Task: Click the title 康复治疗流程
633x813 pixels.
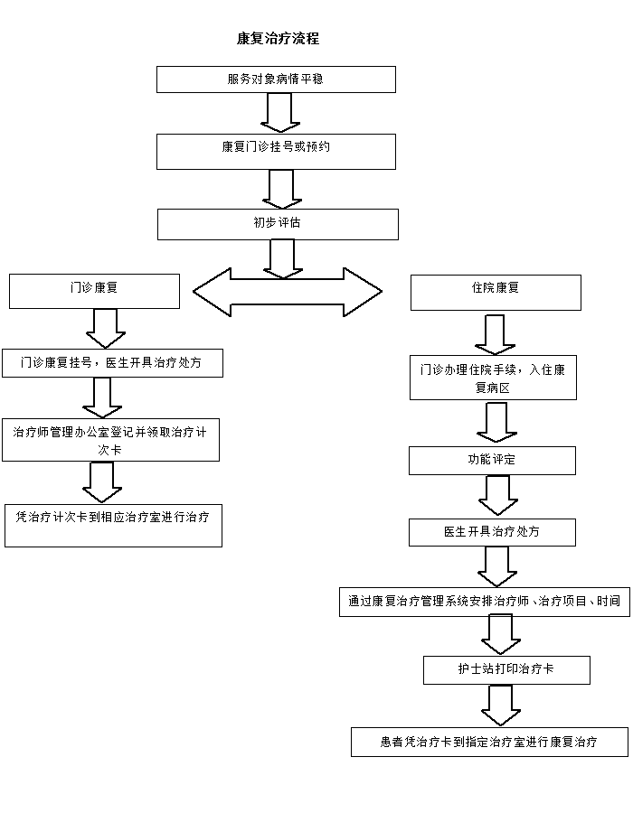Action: [278, 39]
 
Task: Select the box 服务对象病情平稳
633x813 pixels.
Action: [276, 79]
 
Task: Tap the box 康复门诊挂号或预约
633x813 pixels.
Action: [276, 152]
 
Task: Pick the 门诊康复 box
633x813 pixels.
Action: [95, 291]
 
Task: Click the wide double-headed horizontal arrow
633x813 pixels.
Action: [288, 292]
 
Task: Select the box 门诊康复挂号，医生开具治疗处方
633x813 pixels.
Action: [112, 363]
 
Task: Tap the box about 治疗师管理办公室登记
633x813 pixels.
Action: [110, 440]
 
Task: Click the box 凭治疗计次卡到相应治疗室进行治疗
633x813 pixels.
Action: [113, 525]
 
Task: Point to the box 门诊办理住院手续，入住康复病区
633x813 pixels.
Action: [493, 378]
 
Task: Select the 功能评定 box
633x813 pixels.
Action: [492, 460]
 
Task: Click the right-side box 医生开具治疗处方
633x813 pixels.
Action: [492, 532]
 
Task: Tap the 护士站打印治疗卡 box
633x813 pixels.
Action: [506, 670]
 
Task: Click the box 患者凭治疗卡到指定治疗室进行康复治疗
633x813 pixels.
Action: [489, 742]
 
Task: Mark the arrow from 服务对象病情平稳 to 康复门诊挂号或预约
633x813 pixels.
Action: [280, 113]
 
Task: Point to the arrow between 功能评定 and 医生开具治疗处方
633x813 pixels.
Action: [497, 495]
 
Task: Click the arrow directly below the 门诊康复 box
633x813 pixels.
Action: [106, 328]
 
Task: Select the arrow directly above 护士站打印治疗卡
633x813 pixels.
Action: [500, 635]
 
